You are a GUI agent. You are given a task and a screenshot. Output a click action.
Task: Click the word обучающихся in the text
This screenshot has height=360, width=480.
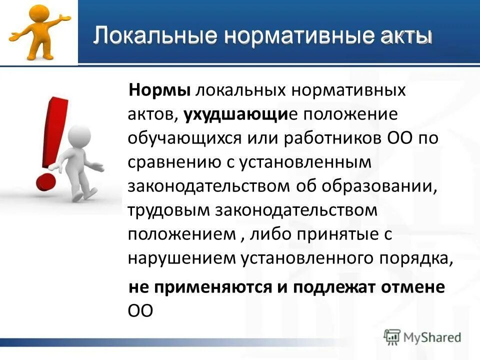184,138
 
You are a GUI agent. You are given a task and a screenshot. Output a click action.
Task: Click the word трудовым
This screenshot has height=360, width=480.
168,210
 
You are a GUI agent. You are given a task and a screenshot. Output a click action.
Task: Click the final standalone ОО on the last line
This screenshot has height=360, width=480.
139,310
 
